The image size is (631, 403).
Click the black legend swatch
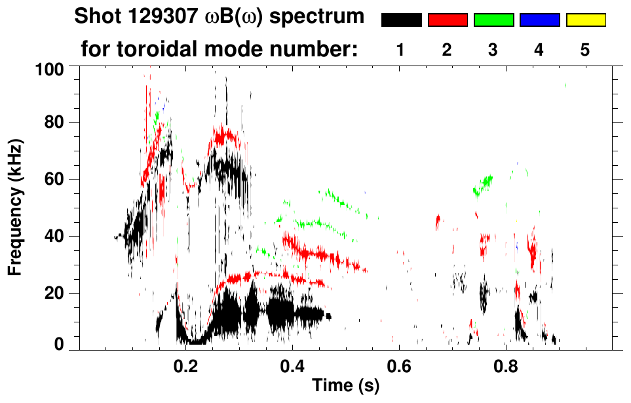click(x=401, y=20)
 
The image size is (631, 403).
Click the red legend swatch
click(x=448, y=20)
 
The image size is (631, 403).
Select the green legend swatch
click(x=493, y=20)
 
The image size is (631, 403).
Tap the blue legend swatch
click(x=539, y=20)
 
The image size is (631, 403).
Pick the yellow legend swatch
click(x=586, y=20)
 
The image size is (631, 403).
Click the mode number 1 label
click(x=400, y=50)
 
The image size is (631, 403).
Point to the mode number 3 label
click(x=493, y=50)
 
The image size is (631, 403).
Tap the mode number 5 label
click(x=585, y=50)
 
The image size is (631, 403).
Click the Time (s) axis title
click(x=345, y=387)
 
